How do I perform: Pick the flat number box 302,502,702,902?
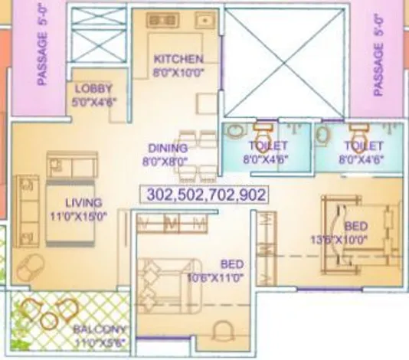click(204, 195)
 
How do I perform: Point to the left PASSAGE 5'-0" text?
click(44, 46)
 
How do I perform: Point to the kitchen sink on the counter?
click(205, 21)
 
